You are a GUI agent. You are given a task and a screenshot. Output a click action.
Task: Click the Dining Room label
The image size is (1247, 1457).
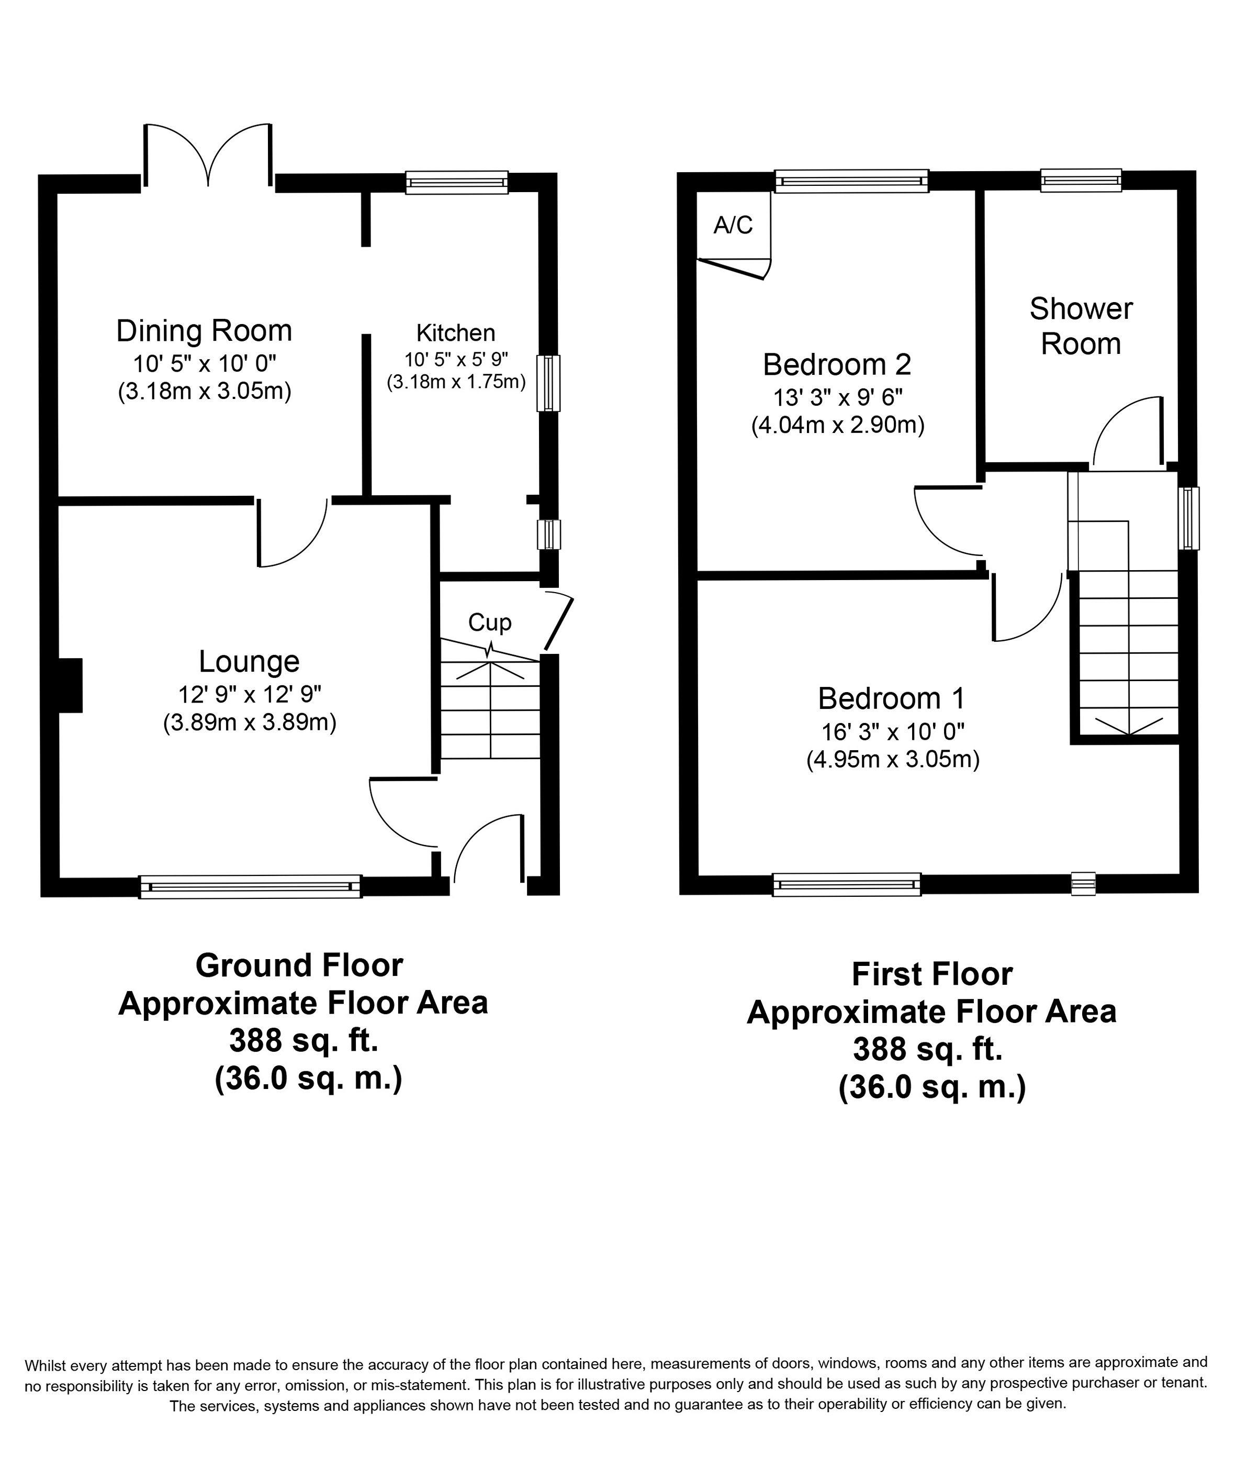point(204,330)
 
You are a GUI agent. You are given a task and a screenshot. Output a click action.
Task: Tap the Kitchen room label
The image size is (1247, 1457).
point(455,332)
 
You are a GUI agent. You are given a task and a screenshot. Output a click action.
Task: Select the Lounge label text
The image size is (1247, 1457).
point(249,661)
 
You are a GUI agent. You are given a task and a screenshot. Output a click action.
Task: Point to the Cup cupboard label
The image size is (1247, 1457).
point(490,622)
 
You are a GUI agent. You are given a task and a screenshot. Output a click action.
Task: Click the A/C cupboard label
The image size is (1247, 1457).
point(733,225)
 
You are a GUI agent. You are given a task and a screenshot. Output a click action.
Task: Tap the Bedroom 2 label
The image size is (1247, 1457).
point(837,364)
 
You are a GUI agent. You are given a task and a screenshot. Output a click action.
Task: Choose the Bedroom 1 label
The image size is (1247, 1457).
point(891,698)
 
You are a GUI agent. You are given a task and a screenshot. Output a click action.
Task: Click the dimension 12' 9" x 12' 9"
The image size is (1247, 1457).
point(250,694)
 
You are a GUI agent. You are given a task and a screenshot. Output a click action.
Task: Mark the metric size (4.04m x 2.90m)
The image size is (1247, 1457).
point(838,426)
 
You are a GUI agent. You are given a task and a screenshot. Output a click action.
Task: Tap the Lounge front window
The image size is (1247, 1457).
point(250,887)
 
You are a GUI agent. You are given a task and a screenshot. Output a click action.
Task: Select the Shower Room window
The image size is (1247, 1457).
point(1081,181)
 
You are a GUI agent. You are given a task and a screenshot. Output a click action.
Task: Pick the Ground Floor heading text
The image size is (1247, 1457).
point(299,965)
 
